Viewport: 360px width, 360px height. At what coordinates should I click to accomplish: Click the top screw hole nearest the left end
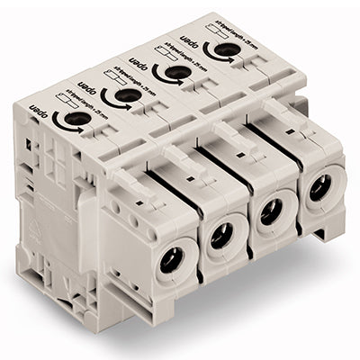[x=77, y=118]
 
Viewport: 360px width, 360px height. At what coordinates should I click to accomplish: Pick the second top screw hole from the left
[x=127, y=94]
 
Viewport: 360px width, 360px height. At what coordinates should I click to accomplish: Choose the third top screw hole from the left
[x=176, y=71]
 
